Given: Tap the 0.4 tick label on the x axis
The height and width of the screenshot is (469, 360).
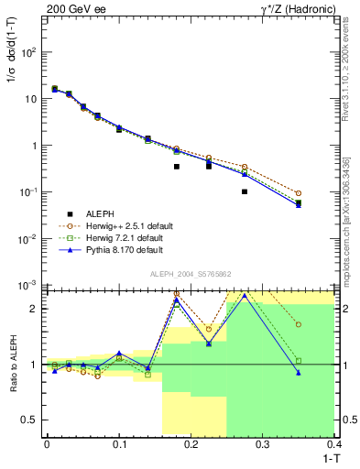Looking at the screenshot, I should (x=334, y=444).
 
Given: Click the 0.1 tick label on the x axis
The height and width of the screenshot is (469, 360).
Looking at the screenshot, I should (x=119, y=444).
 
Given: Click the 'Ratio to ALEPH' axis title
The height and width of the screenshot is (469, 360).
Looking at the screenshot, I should (x=13, y=364).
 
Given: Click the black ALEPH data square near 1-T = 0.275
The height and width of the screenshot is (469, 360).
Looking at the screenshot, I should (x=245, y=191).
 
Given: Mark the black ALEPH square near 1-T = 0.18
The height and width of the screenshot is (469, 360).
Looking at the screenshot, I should (x=176, y=167).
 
